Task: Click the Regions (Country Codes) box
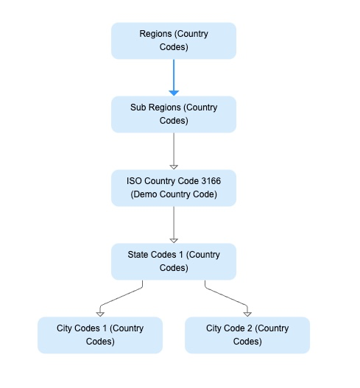[x=174, y=40]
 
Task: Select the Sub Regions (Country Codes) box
[x=174, y=114]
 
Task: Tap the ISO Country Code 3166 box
[x=174, y=188]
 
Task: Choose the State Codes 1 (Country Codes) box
[x=174, y=261]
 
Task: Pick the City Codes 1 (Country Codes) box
[x=100, y=335]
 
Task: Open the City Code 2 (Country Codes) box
[x=247, y=335]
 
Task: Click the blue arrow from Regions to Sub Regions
[x=174, y=74]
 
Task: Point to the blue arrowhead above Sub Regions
[x=174, y=91]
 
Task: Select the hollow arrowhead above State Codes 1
[x=174, y=239]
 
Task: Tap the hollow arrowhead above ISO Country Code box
[x=174, y=166]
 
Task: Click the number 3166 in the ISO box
[x=208, y=181]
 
